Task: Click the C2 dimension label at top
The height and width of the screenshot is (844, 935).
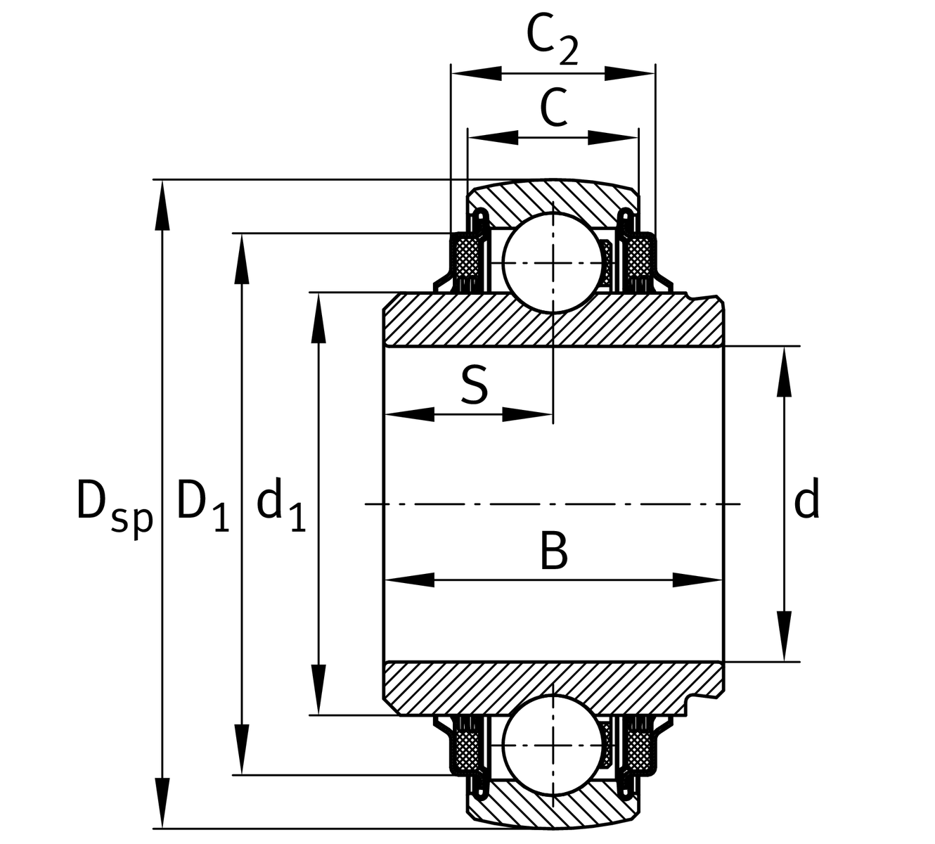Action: (552, 41)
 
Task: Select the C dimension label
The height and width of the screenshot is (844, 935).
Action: (553, 108)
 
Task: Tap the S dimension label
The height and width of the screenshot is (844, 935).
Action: (475, 385)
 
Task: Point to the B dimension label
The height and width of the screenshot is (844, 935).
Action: (553, 551)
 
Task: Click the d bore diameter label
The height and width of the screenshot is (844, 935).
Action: (806, 501)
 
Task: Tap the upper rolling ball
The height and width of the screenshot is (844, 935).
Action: (553, 262)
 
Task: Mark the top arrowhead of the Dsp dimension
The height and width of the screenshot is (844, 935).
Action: (162, 204)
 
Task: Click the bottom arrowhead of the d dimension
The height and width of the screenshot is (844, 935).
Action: (785, 637)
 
